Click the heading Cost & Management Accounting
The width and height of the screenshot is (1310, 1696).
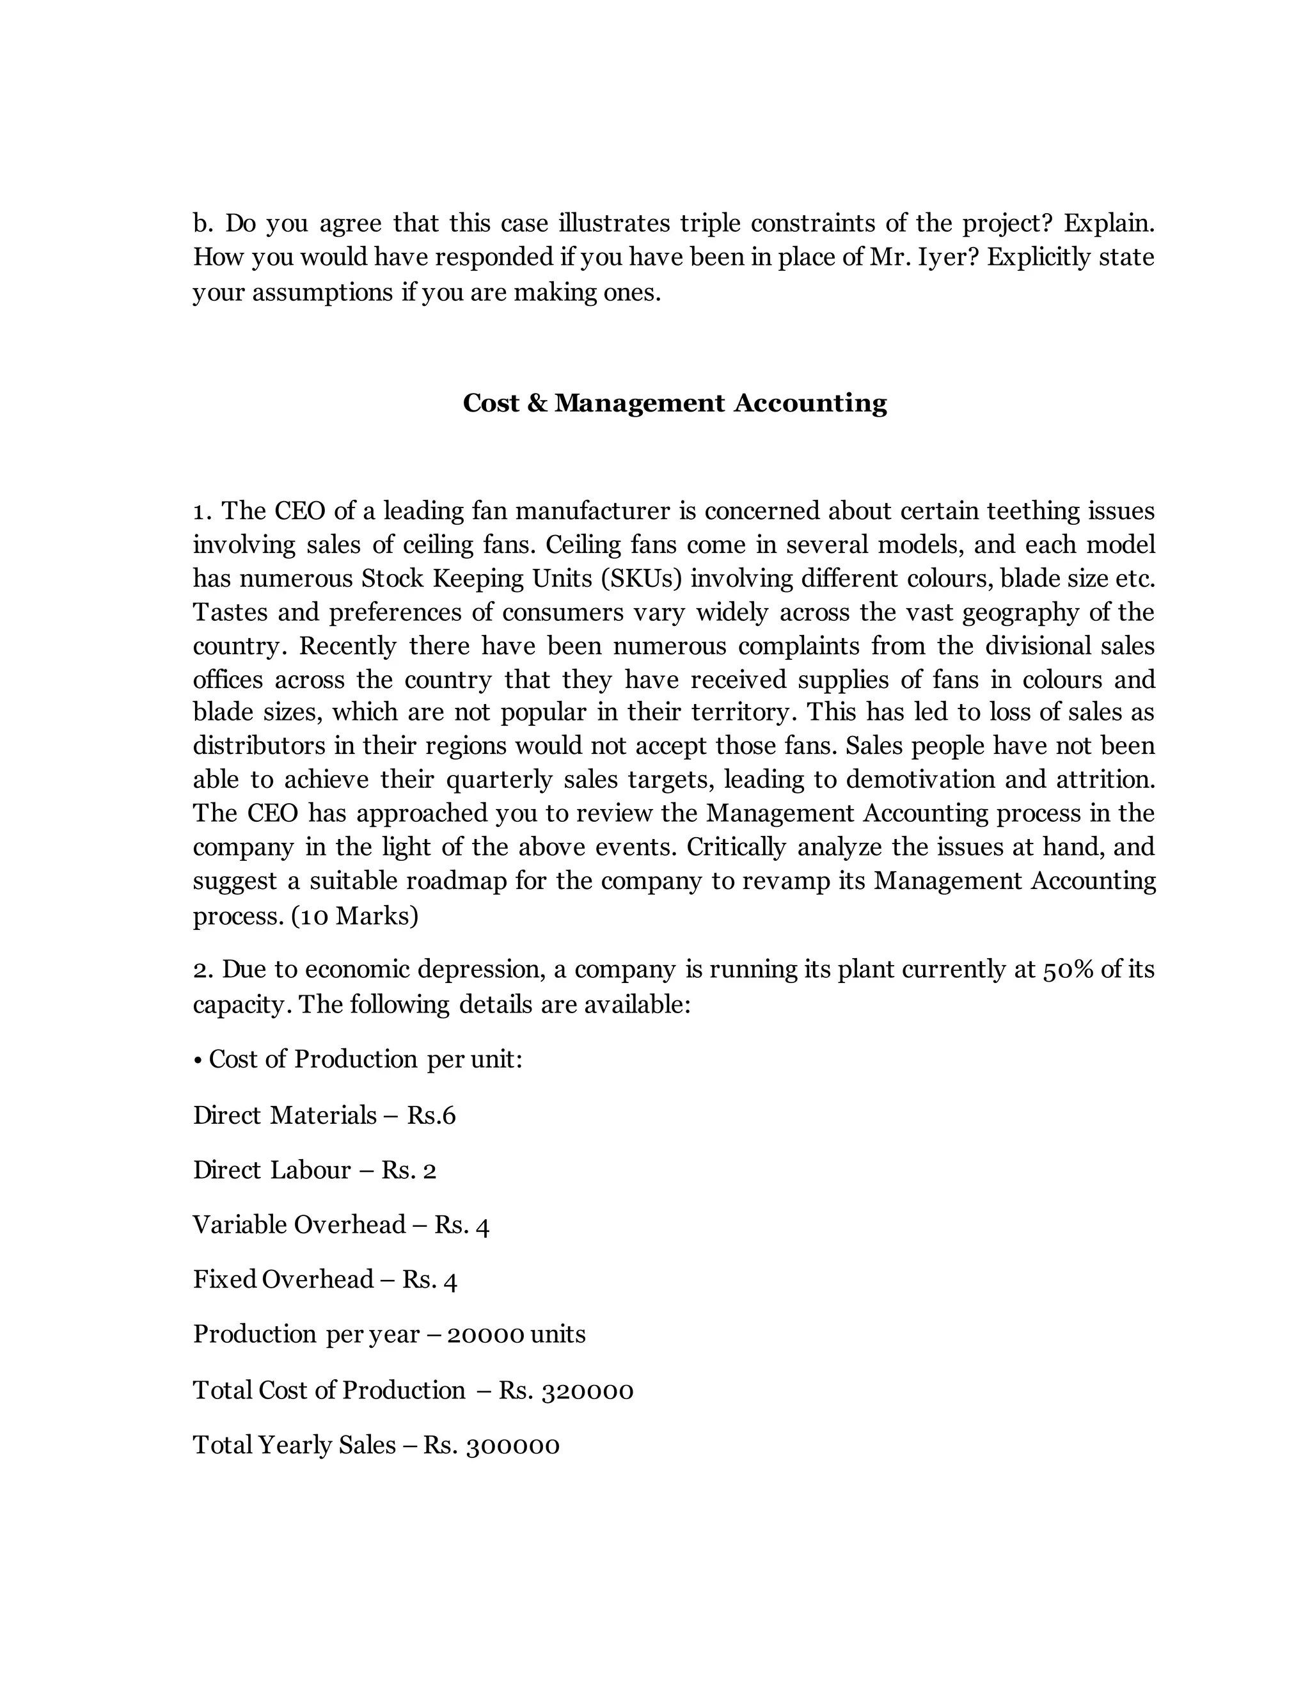click(x=674, y=403)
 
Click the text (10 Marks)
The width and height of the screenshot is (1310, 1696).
click(x=354, y=916)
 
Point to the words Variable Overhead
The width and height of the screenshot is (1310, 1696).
click(x=299, y=1224)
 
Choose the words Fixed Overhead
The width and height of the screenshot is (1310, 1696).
click(x=283, y=1279)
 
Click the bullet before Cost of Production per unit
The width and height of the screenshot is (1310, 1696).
click(x=199, y=1060)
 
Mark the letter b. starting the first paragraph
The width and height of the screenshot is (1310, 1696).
click(x=203, y=223)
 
